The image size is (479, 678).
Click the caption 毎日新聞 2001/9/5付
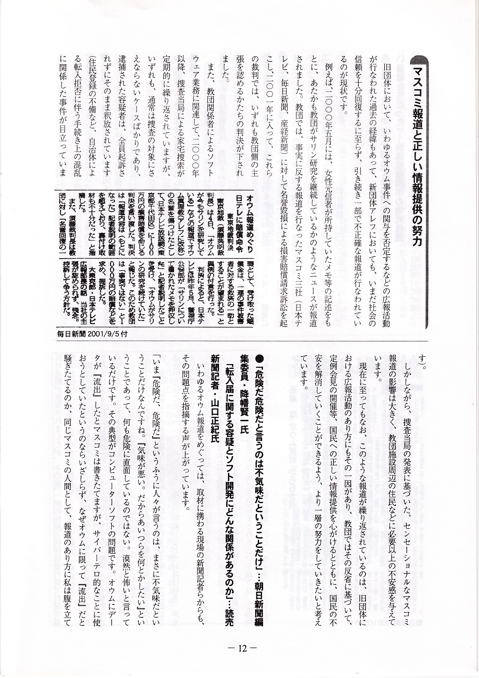[94, 333]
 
